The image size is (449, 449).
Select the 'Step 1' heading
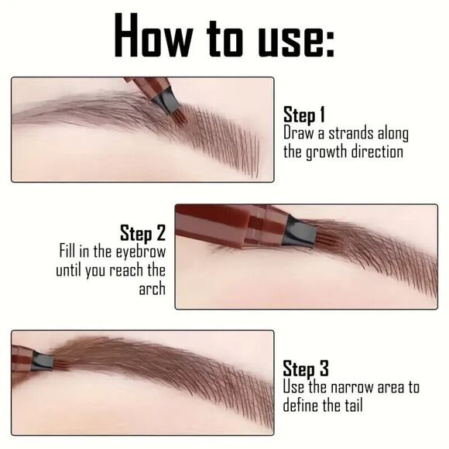304,115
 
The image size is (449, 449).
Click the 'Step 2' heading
142,232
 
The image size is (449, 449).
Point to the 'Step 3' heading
305,368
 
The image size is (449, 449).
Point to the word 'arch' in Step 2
152,290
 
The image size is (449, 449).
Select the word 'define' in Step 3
303,404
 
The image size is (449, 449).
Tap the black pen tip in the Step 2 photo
296,231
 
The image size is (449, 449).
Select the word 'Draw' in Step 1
299,133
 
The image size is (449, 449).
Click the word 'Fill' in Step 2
69,252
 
